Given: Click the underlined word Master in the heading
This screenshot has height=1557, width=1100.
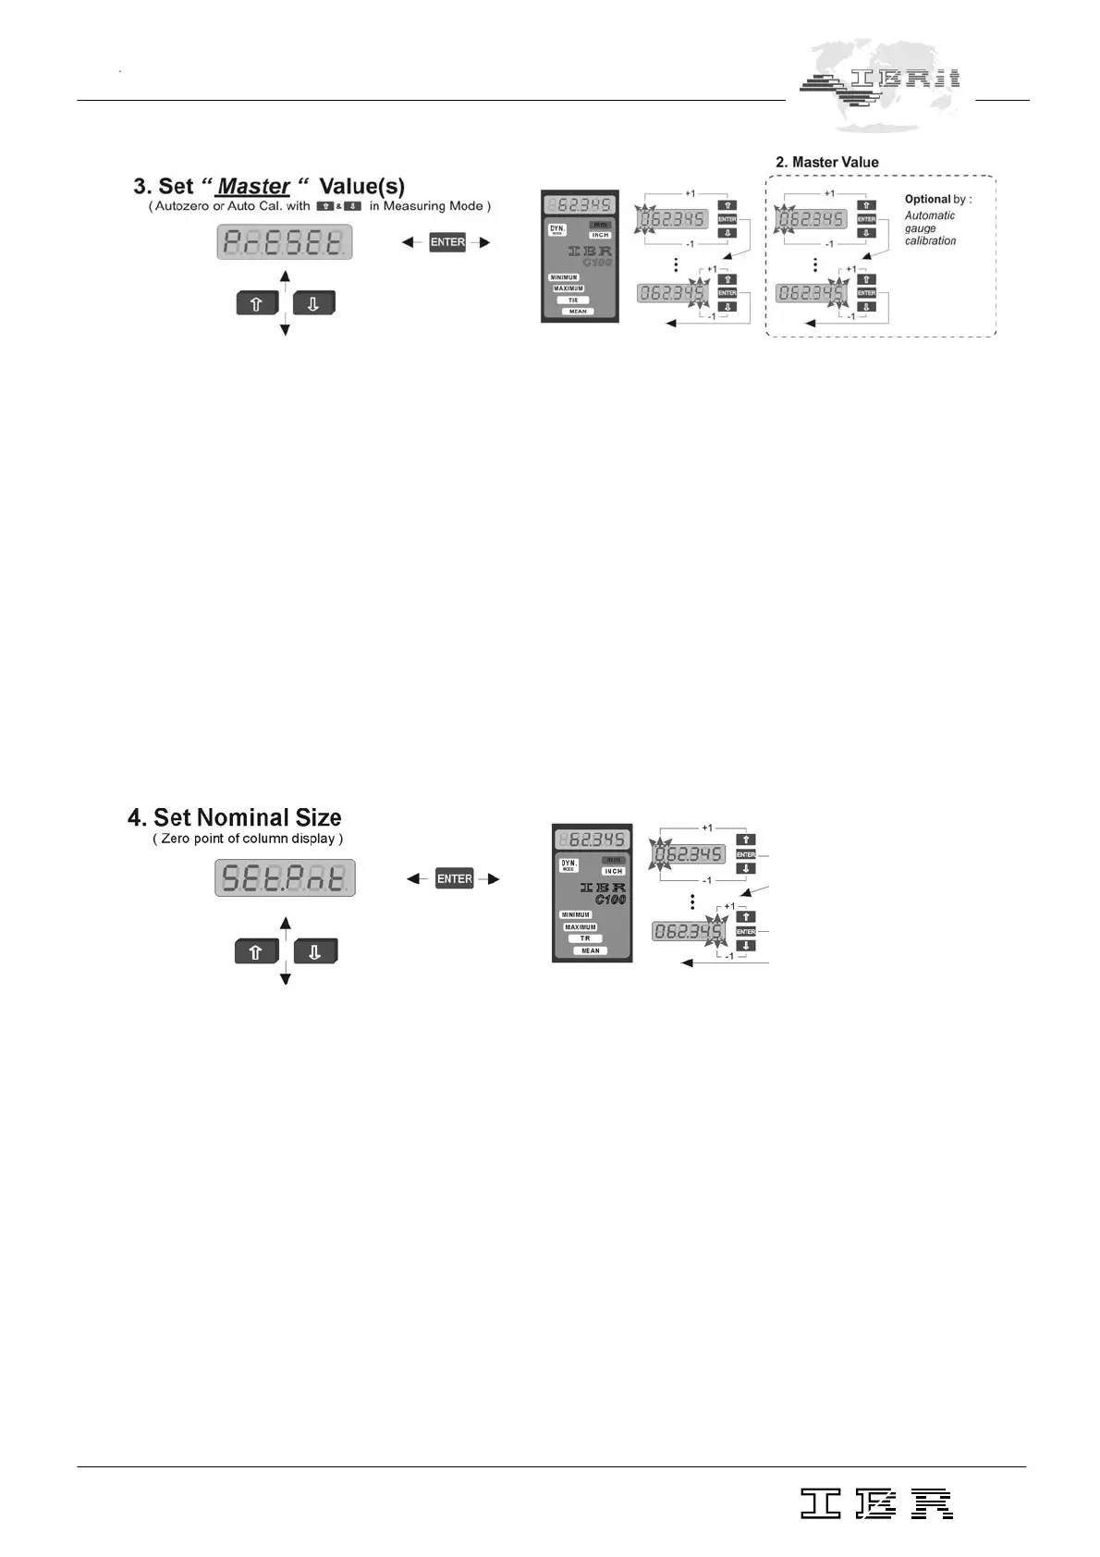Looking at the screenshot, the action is coord(253,187).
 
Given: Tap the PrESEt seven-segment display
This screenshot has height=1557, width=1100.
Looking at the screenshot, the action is coord(285,242).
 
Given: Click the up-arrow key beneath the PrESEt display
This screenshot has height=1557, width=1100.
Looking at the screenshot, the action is coord(256,303).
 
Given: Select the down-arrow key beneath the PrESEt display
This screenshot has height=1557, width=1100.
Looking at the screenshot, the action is coord(313,303).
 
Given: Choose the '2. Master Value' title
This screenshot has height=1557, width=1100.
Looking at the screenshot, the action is coord(827,163).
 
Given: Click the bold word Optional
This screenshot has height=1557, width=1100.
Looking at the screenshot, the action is coord(927,200).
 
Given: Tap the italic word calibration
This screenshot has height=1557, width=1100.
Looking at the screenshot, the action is coord(930,241).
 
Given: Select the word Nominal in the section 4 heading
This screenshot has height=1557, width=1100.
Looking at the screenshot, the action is coord(242,818).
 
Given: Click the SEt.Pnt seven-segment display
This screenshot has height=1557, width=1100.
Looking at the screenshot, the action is coord(285,877).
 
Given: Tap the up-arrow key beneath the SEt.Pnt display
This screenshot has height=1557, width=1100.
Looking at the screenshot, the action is coord(256,951).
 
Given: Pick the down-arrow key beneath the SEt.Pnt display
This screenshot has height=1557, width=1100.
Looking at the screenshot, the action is coord(314,951).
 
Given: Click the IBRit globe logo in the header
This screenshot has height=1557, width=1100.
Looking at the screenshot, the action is coord(881,85).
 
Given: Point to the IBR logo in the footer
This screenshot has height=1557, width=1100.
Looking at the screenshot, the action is coord(876,1504).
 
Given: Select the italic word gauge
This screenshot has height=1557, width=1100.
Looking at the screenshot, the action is coord(920,228).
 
